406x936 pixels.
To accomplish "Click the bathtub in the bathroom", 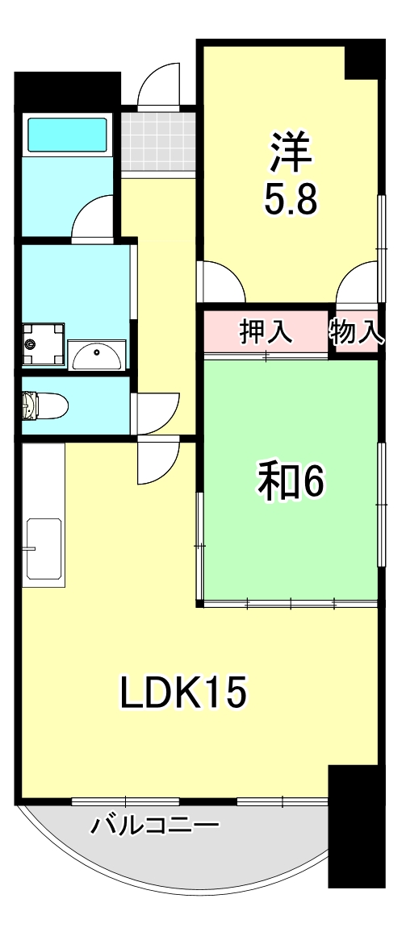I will [x=68, y=134].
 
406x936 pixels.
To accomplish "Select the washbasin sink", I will [x=98, y=352].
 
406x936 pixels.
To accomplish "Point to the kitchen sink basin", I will [x=45, y=548].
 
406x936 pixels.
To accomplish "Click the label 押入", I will [x=266, y=331].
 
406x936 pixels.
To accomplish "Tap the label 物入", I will [x=356, y=331].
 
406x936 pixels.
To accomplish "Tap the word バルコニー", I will [x=154, y=826].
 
